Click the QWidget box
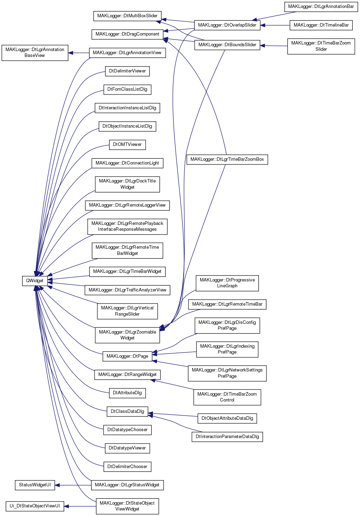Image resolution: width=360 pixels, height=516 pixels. (x=35, y=281)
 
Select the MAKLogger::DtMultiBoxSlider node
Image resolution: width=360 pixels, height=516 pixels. (x=127, y=16)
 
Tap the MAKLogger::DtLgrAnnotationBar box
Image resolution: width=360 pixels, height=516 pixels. (x=321, y=7)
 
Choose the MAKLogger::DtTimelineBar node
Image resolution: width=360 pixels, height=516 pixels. (x=321, y=25)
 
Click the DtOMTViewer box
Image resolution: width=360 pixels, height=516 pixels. (x=127, y=145)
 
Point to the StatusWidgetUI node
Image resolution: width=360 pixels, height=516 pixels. (x=35, y=485)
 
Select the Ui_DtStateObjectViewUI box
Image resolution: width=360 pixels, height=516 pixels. (x=35, y=506)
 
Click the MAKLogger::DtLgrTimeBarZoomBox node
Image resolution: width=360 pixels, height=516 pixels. (x=227, y=159)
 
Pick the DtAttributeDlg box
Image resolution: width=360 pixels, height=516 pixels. (x=127, y=393)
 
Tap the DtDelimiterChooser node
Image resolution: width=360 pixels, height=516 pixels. (x=127, y=467)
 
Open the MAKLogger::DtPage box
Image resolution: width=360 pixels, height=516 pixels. (x=127, y=356)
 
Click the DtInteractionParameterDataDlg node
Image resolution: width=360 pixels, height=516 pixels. (x=227, y=437)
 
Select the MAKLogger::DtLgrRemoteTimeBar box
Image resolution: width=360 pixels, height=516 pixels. (x=227, y=304)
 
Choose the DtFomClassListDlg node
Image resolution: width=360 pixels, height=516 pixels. (x=127, y=90)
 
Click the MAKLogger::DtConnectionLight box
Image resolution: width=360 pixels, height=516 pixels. (x=127, y=163)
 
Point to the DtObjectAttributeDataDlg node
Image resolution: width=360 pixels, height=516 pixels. (x=227, y=418)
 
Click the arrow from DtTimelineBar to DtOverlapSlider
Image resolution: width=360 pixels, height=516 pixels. (x=275, y=25)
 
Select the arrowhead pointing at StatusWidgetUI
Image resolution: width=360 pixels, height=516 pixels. (x=57, y=485)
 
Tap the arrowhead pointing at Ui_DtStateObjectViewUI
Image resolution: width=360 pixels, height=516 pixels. (x=67, y=506)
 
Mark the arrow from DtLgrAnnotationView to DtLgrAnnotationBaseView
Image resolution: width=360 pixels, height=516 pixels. (x=79, y=53)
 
